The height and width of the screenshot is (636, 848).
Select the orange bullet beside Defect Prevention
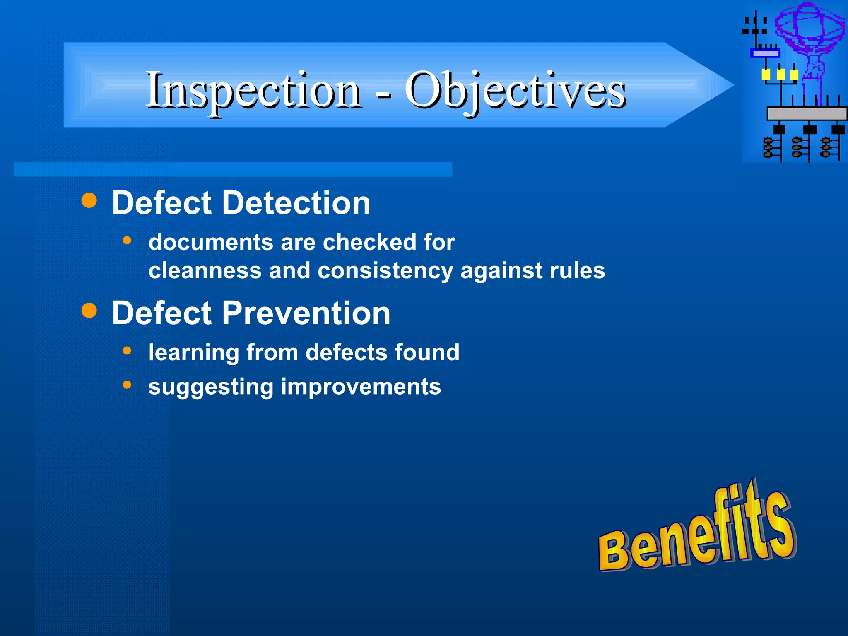[x=89, y=310]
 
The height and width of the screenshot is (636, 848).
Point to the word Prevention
[x=306, y=313]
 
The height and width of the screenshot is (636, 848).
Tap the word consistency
[x=385, y=271]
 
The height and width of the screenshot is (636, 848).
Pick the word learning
[x=193, y=353]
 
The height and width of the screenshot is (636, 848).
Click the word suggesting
[x=211, y=387]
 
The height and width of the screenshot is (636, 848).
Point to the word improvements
[x=361, y=387]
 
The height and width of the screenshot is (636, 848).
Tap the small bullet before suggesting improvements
[x=127, y=385]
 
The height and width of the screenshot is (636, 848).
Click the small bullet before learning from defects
[x=127, y=351]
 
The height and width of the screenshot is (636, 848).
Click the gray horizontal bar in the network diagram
[x=807, y=113]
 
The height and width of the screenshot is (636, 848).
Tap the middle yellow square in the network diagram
[x=781, y=75]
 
